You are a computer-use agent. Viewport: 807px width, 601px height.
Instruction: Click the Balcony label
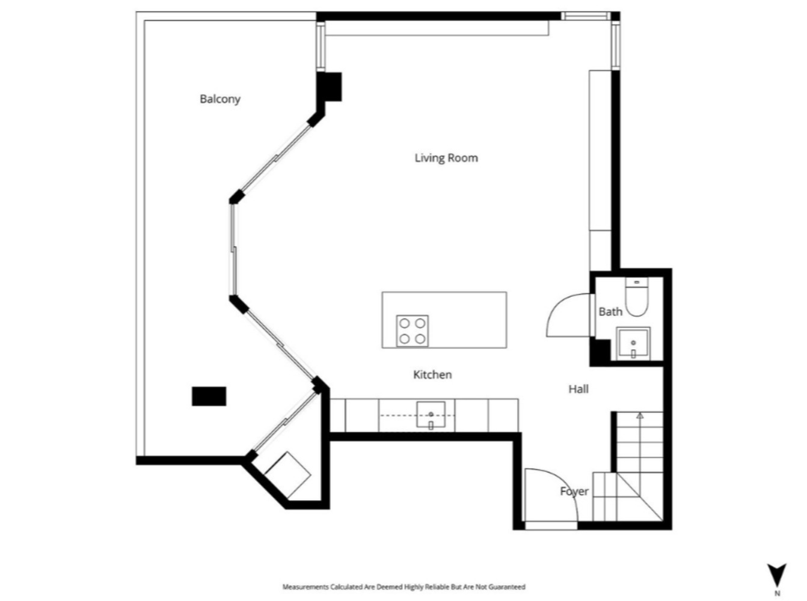(x=219, y=99)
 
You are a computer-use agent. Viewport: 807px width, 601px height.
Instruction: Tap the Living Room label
(x=446, y=158)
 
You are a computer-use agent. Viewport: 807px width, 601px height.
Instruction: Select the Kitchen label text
(x=432, y=374)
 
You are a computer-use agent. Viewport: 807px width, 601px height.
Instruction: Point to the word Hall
(x=578, y=389)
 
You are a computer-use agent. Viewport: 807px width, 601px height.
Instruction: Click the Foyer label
(x=574, y=492)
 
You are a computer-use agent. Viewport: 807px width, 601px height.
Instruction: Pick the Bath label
(x=610, y=312)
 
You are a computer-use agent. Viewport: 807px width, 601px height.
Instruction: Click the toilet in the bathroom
(x=637, y=297)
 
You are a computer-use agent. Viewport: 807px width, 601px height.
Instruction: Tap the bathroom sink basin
(x=633, y=344)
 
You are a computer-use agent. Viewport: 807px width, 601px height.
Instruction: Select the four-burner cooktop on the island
(x=413, y=331)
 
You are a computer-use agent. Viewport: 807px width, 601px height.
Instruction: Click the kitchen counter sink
(x=431, y=414)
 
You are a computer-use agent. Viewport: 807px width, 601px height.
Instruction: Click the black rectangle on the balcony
(x=209, y=396)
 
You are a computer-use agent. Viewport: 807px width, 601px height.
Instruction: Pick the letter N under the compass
(x=777, y=593)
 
